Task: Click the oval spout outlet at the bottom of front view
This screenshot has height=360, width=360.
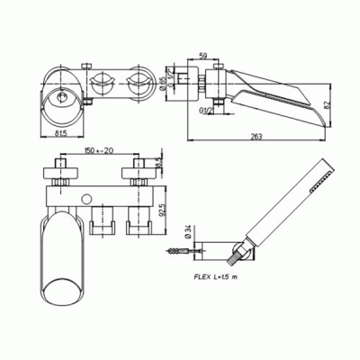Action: click(x=63, y=290)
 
